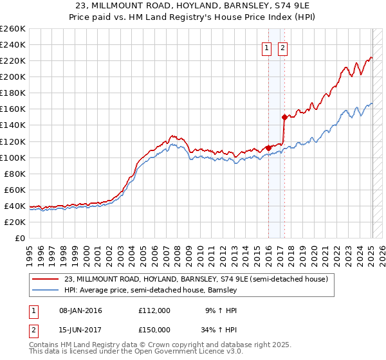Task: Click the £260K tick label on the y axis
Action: click(x=13, y=29)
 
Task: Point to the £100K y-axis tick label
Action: click(x=13, y=157)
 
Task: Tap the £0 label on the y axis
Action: click(x=21, y=238)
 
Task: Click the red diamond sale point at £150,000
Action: click(x=284, y=117)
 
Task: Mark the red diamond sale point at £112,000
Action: click(x=268, y=148)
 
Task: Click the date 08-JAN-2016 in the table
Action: click(x=78, y=310)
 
